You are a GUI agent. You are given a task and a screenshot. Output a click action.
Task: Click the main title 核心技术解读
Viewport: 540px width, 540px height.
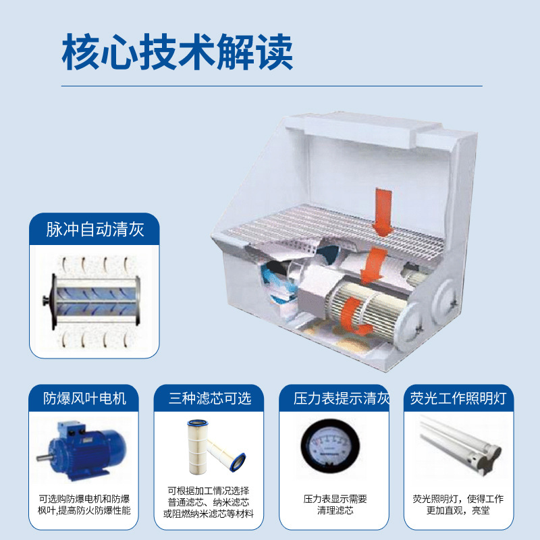point(178,52)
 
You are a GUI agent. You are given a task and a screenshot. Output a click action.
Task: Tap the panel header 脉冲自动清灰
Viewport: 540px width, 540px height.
point(94,230)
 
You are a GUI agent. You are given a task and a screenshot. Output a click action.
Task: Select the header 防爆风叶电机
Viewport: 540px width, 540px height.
point(84,398)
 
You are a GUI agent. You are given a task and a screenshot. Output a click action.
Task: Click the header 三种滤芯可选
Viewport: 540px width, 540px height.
point(210,398)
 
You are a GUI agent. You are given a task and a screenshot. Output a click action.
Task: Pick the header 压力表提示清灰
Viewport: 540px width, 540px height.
point(342,398)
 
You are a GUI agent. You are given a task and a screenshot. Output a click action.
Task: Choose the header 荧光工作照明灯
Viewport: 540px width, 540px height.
point(458,398)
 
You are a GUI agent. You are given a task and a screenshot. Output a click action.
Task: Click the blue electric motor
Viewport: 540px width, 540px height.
point(82,450)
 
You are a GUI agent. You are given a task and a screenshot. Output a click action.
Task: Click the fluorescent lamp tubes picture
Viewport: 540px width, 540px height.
point(460,446)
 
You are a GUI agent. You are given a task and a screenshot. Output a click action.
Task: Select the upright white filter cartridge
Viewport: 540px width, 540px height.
point(197,447)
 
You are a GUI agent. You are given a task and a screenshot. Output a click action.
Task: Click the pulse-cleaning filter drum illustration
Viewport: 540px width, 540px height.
point(94,302)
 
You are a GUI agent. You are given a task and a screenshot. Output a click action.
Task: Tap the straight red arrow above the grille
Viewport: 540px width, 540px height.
point(383,211)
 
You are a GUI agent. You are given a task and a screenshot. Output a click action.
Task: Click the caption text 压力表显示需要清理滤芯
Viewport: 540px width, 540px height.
point(335,504)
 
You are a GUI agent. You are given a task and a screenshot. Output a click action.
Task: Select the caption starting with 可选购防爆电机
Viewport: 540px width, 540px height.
point(84,504)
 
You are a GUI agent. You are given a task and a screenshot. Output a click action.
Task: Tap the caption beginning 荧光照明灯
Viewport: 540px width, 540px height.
point(458,504)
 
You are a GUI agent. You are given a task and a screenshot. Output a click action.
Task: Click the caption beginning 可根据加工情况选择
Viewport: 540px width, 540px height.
point(209,502)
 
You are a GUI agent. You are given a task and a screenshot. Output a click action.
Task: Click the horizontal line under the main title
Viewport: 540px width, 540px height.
point(272,86)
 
